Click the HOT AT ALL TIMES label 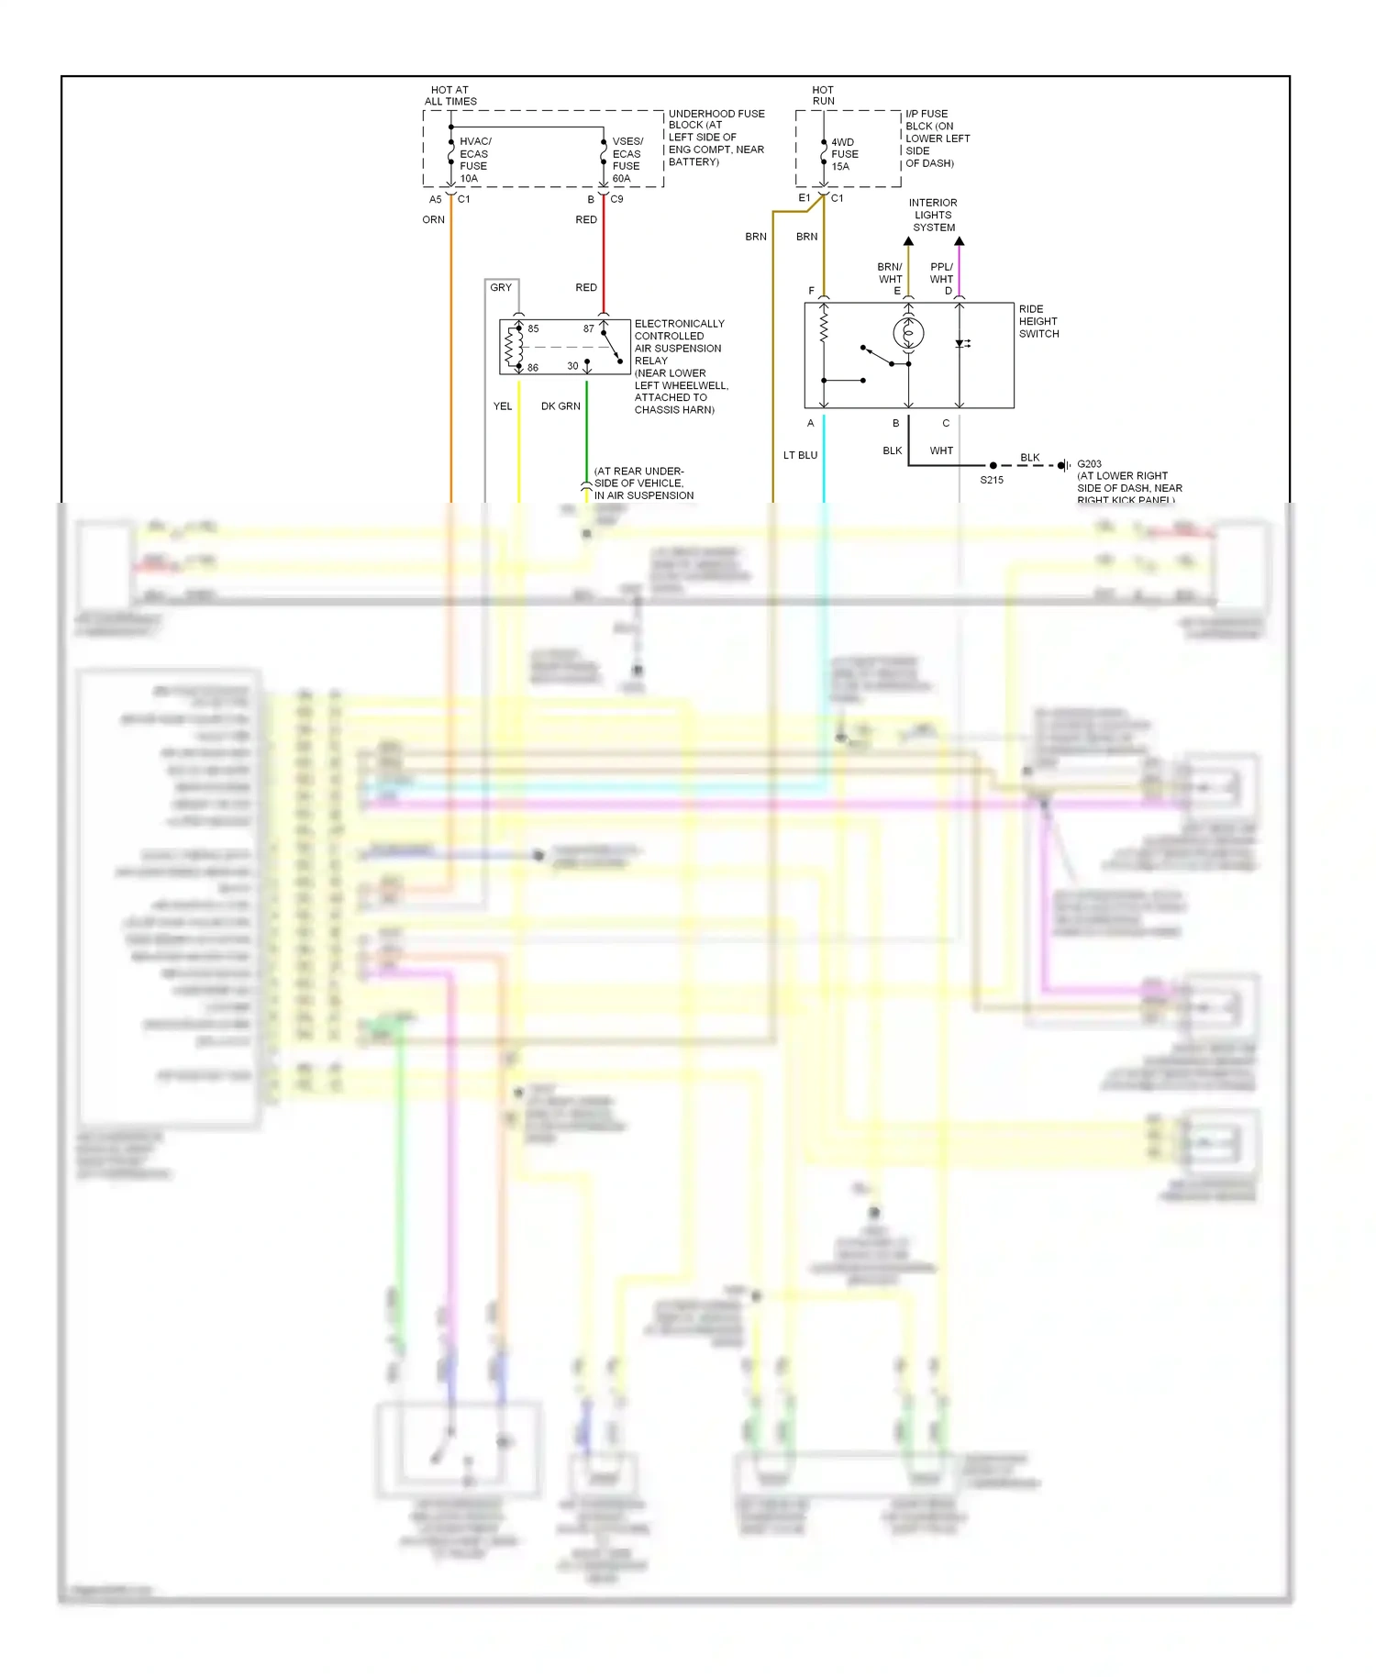pyautogui.click(x=450, y=95)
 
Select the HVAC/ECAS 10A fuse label pyautogui.click(x=474, y=160)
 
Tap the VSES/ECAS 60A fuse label pyautogui.click(x=627, y=160)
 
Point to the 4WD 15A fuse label pyautogui.click(x=844, y=154)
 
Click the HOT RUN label pyautogui.click(x=823, y=95)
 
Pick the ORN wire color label pyautogui.click(x=433, y=220)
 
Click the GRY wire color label pyautogui.click(x=501, y=288)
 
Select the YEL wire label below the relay pyautogui.click(x=503, y=406)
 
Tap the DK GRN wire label pyautogui.click(x=560, y=406)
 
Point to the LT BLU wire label pyautogui.click(x=800, y=455)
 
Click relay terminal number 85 pyautogui.click(x=533, y=328)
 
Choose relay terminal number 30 pyautogui.click(x=572, y=366)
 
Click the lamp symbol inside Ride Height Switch pyautogui.click(x=908, y=333)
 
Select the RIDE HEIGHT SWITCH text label pyautogui.click(x=1038, y=322)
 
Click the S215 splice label pyautogui.click(x=992, y=480)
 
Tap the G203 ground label pyautogui.click(x=1089, y=464)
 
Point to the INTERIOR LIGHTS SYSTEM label pyautogui.click(x=933, y=216)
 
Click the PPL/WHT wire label pyautogui.click(x=941, y=273)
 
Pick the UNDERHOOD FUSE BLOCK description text pyautogui.click(x=716, y=138)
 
